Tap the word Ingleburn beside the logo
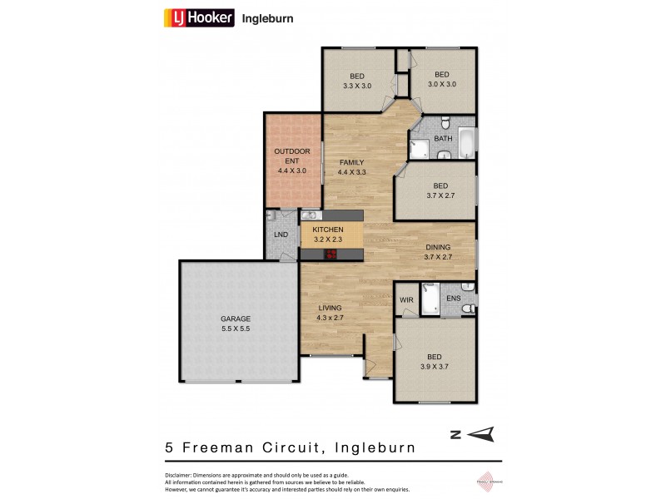tap(267, 17)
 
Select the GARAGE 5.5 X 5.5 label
tap(235, 324)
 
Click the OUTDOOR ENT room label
tap(292, 161)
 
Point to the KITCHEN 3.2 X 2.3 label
tap(328, 235)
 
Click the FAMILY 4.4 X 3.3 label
tap(352, 167)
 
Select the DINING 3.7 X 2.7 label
tap(438, 252)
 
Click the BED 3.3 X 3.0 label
tap(356, 80)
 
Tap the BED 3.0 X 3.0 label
tap(441, 79)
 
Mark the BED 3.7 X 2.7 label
tap(440, 190)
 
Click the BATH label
tap(443, 139)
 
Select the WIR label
tap(407, 299)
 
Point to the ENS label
tap(454, 299)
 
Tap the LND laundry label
tap(281, 235)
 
